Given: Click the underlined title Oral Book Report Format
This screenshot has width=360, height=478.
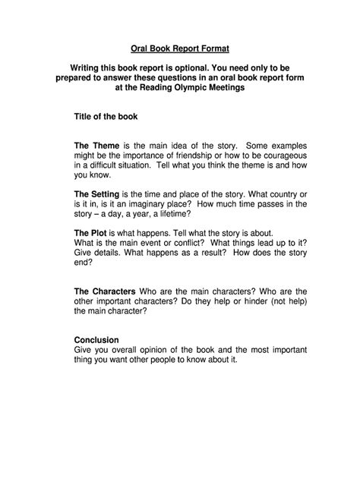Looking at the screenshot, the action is (x=180, y=45).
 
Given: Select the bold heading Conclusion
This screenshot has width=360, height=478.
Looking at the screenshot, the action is (x=96, y=339).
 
